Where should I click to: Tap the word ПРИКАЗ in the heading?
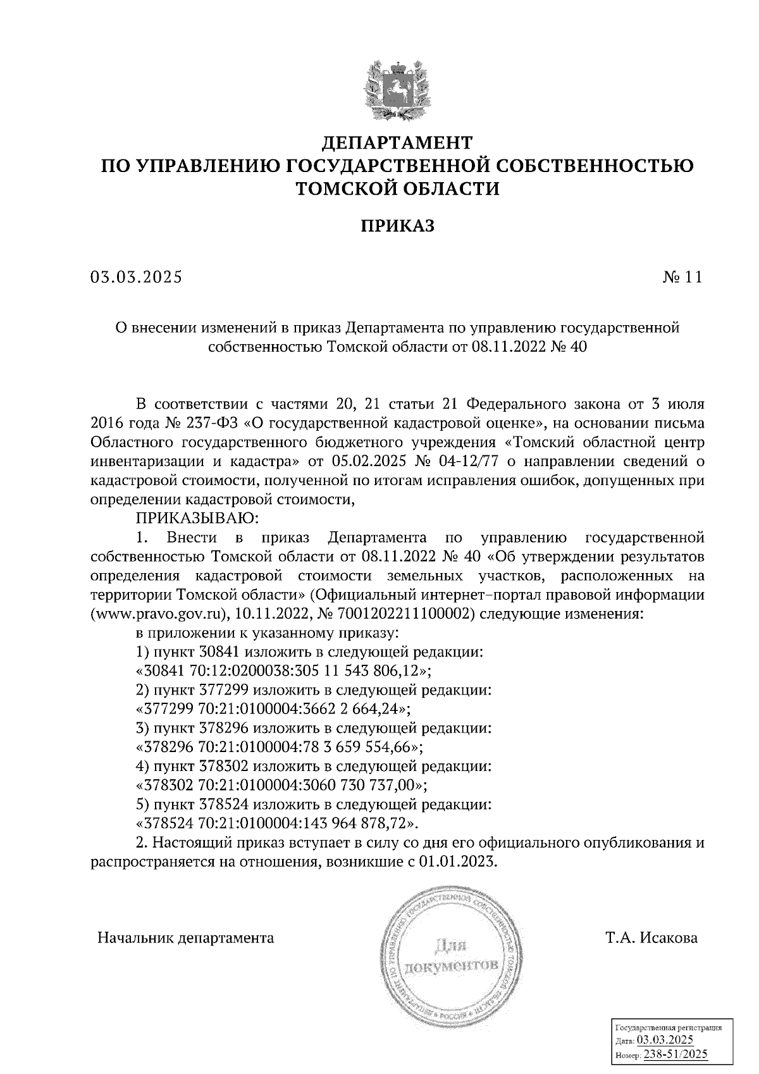coord(397,226)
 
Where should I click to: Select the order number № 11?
coord(682,277)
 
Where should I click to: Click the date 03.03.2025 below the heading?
coord(136,277)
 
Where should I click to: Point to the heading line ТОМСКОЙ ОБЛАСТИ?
coord(397,188)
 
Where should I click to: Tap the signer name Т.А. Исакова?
coord(651,937)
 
